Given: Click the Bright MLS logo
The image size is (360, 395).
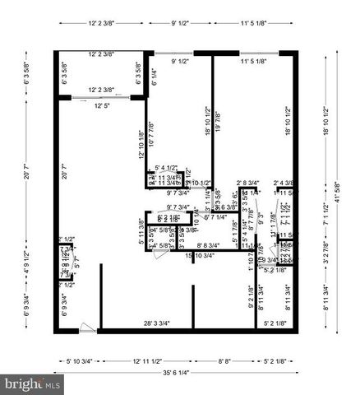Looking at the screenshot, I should coord(34,384).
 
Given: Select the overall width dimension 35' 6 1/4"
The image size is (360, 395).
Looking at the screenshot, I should coord(179,371).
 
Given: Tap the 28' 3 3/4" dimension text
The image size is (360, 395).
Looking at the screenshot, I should coord(156,323).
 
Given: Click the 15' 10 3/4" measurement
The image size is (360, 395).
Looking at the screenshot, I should coord(200,256).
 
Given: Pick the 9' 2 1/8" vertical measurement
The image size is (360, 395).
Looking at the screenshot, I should coord(250,295).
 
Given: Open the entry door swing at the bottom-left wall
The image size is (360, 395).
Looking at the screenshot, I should coord(88,330).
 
